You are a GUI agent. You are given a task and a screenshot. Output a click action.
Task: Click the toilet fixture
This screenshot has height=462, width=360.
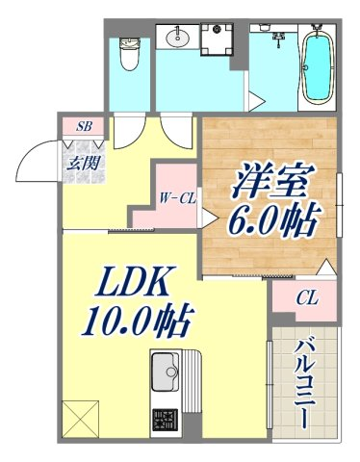coord(129,53)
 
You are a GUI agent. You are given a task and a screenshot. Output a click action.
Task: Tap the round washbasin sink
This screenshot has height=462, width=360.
coord(177,37)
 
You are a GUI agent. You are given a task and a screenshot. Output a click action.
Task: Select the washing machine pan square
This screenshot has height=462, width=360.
coord(217,38)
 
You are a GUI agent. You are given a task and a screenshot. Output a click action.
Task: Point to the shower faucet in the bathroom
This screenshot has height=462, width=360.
coord(278,38)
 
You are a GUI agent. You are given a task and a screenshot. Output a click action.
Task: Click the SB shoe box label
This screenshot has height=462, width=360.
coord(84,127)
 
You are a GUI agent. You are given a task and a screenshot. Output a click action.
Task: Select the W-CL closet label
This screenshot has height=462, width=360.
coord(177,199)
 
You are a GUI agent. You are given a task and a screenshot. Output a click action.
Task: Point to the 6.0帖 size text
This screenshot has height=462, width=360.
coord(273,222)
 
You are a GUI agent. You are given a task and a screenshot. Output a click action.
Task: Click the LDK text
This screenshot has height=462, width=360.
coord(132,282)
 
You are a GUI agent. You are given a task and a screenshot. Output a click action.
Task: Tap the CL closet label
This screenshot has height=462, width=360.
coord(307,297)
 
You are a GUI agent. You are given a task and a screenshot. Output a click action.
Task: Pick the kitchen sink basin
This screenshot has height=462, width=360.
coord(166,372)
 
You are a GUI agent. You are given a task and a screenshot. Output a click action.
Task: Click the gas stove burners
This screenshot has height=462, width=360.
coord(165,420)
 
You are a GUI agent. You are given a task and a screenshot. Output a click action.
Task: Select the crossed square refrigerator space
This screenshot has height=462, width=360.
coord(80,419)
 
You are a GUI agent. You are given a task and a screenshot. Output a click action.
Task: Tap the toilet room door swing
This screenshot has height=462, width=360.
coord(130,131)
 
